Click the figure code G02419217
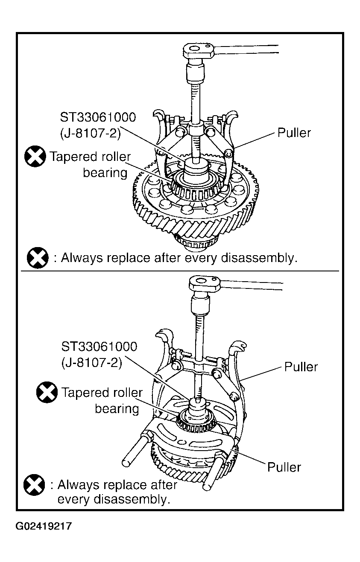click(44, 526)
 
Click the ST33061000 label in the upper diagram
click(98, 117)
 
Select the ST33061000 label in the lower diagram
click(99, 347)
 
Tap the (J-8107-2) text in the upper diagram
click(91, 133)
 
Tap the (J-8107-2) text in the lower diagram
click(92, 363)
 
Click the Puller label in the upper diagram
click(294, 133)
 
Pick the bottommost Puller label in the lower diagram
click(284, 467)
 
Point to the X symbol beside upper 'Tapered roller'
click(35, 156)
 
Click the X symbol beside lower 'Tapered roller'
click(47, 393)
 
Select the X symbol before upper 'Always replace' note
click(38, 258)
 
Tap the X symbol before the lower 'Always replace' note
click(34, 485)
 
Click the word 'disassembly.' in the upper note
click(259, 258)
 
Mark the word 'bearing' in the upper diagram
click(105, 173)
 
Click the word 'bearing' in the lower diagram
click(117, 409)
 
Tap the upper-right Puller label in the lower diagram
click(301, 367)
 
